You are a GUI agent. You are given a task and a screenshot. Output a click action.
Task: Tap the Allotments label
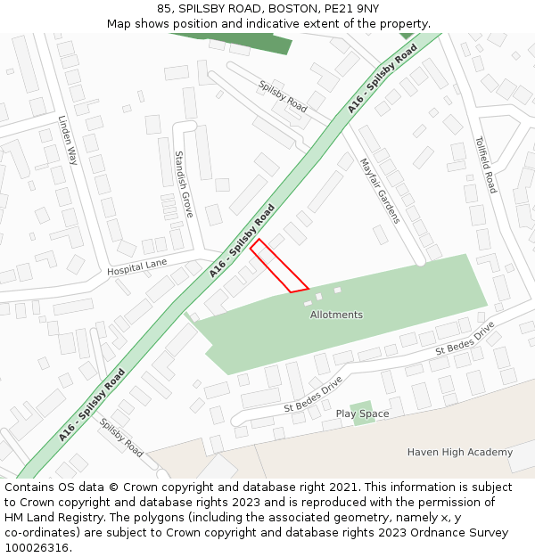[x=336, y=315]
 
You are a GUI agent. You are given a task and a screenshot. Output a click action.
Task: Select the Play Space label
[x=362, y=414]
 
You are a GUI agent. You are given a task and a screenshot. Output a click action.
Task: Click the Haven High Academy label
[x=460, y=452]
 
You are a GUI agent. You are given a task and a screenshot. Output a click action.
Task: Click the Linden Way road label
[x=68, y=141]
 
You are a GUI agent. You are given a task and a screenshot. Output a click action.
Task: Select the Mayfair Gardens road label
[x=380, y=191]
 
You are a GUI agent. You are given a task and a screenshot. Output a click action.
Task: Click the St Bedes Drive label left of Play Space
[x=313, y=395]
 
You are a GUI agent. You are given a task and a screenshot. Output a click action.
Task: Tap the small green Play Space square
[x=361, y=413]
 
